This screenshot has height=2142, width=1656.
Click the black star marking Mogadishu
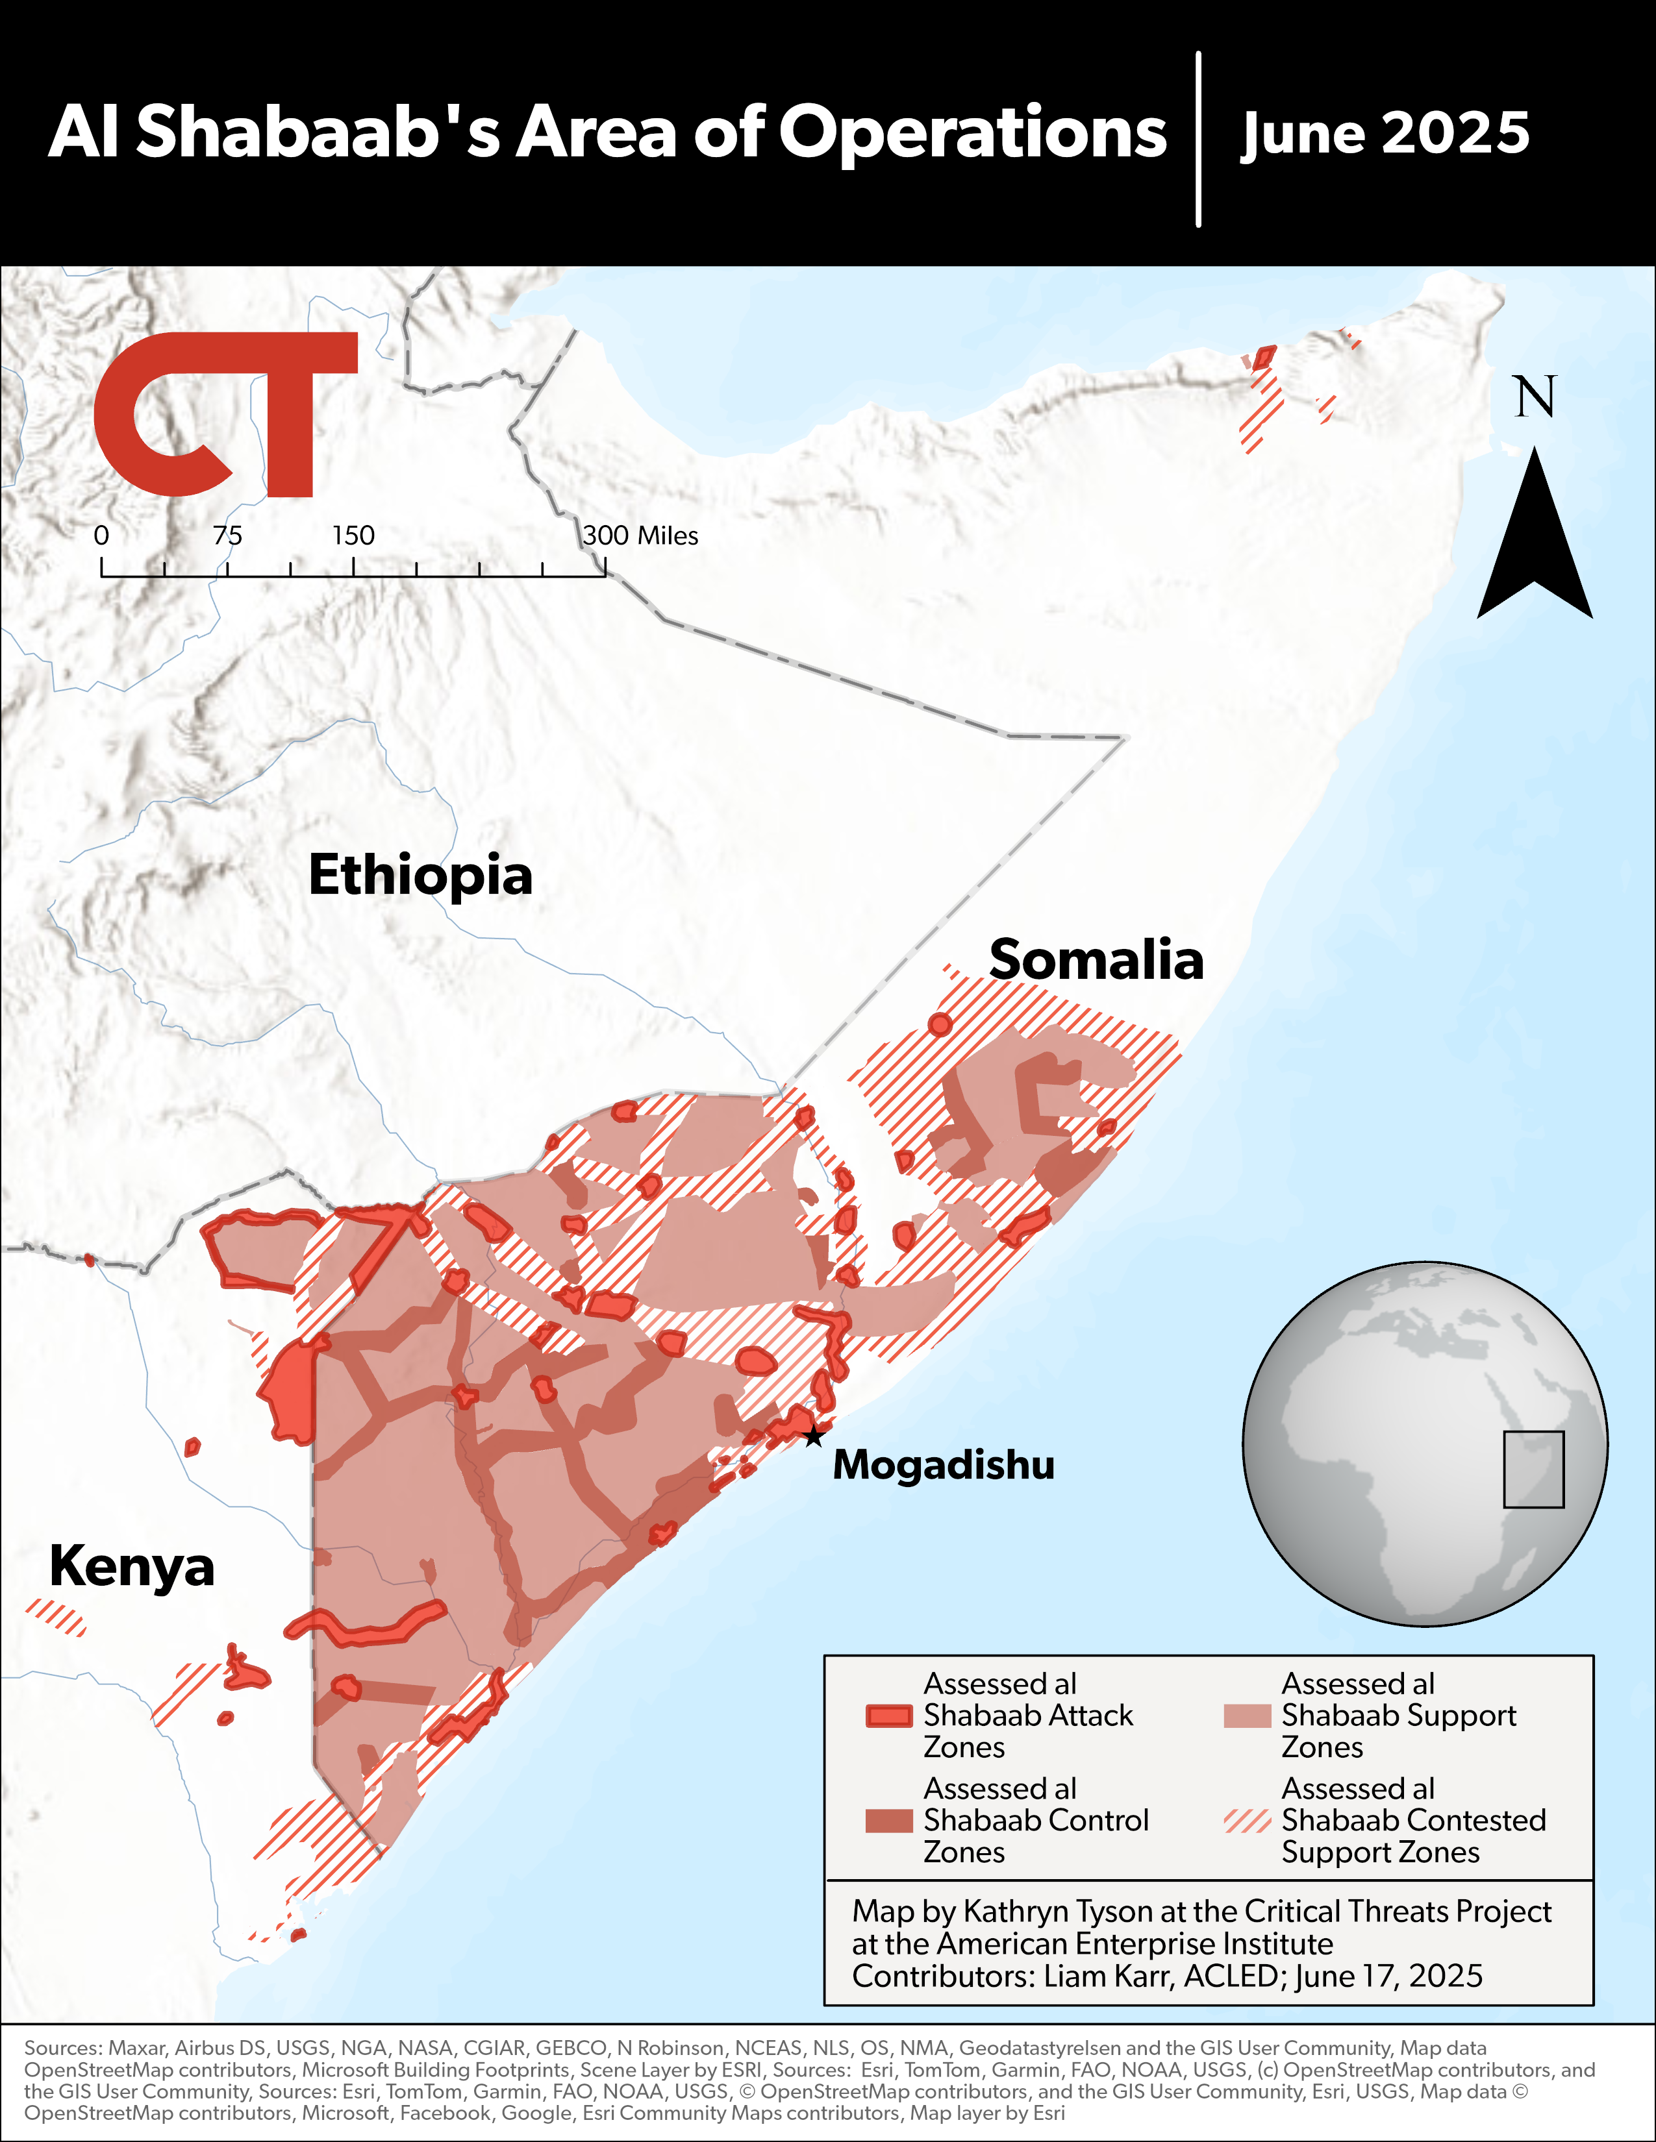(x=813, y=1437)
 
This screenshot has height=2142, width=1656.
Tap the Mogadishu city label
(x=943, y=1465)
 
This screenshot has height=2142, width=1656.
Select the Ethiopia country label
(x=420, y=875)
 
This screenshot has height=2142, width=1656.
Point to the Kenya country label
(x=131, y=1566)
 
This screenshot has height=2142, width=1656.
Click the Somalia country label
(x=1096, y=959)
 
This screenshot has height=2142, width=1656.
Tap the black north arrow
(x=1535, y=539)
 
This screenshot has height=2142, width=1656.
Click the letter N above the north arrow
(x=1535, y=397)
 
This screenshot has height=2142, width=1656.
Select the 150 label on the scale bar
(x=353, y=535)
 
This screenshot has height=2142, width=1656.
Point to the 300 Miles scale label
(x=640, y=535)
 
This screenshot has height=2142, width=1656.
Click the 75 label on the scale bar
(x=227, y=535)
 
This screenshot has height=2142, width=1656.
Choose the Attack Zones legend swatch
(x=889, y=1716)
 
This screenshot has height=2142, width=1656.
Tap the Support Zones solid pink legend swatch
(x=1247, y=1716)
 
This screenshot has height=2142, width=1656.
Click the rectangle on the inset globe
(x=1533, y=1469)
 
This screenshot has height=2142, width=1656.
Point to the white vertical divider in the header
(x=1199, y=140)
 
